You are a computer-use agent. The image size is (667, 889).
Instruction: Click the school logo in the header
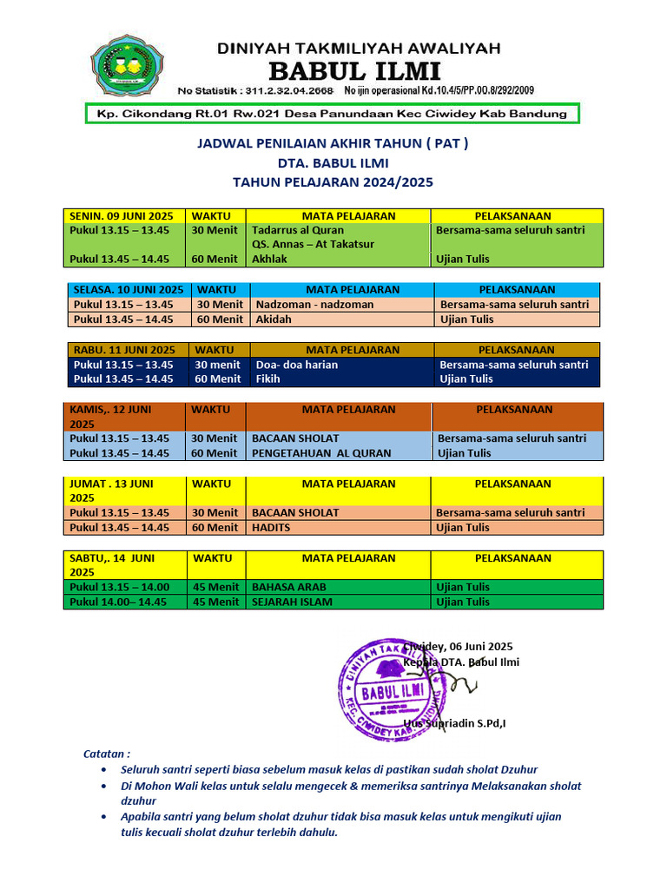pyautogui.click(x=127, y=66)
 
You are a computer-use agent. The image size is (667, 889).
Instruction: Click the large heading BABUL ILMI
pyautogui.click(x=353, y=70)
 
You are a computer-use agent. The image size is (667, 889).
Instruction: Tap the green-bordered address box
pyautogui.click(x=332, y=114)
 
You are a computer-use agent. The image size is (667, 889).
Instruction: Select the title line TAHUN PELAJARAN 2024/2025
pyautogui.click(x=333, y=182)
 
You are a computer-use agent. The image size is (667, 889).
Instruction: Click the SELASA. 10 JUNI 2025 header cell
pyautogui.click(x=129, y=290)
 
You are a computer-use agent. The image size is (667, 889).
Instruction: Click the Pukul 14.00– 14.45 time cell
pyautogui.click(x=120, y=602)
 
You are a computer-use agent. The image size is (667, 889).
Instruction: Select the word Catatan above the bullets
pyautogui.click(x=106, y=754)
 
